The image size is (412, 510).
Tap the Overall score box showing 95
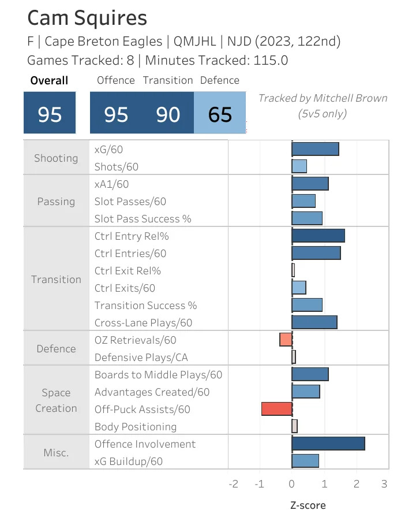coord(50,114)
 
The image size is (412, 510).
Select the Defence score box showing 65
coord(220,114)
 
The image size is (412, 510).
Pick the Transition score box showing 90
coord(168,114)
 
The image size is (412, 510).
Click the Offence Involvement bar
coord(328,444)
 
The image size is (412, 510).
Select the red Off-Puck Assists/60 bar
coord(277,409)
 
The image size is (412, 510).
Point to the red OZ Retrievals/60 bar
coord(286,340)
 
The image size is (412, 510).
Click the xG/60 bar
coord(315,149)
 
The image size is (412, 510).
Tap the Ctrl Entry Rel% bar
coord(319,236)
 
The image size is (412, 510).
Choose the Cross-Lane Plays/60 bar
coord(314,322)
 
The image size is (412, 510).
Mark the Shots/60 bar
coord(299,166)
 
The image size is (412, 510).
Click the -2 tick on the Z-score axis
coord(233,483)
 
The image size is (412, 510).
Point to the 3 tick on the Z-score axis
coord(384,483)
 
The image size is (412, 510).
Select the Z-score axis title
coord(308,505)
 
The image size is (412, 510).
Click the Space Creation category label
coord(56,400)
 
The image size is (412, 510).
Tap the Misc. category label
coord(56,452)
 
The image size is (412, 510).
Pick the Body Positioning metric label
coord(136,427)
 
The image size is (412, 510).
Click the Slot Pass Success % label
coord(143,219)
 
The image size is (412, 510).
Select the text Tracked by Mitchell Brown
coord(323,98)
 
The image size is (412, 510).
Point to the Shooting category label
coord(56,158)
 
